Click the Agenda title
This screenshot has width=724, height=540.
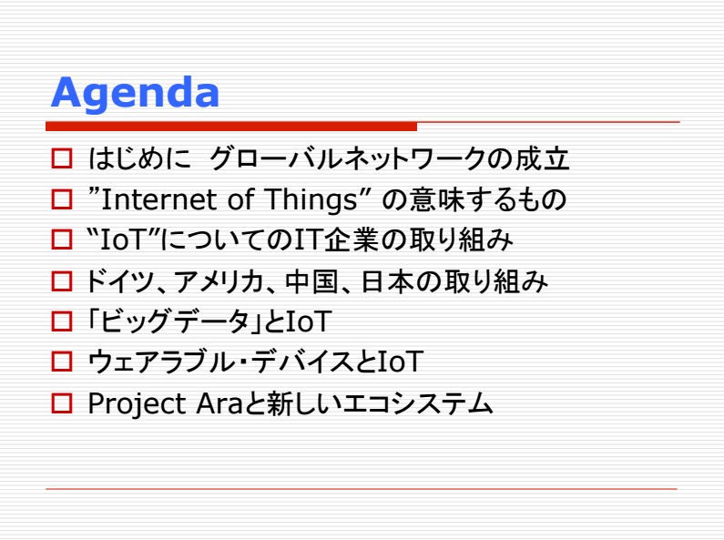click(135, 94)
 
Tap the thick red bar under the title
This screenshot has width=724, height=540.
click(231, 126)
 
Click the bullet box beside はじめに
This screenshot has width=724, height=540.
click(62, 158)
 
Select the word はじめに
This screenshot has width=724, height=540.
click(139, 158)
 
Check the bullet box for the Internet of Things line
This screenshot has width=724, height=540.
click(62, 199)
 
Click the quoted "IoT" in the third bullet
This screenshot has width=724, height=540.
click(123, 240)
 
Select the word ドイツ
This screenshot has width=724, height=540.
click(119, 281)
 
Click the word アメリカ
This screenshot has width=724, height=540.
click(219, 281)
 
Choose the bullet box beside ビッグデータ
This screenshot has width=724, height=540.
click(62, 321)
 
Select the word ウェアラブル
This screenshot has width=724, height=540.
click(161, 362)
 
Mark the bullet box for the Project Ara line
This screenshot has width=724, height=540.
click(62, 402)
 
